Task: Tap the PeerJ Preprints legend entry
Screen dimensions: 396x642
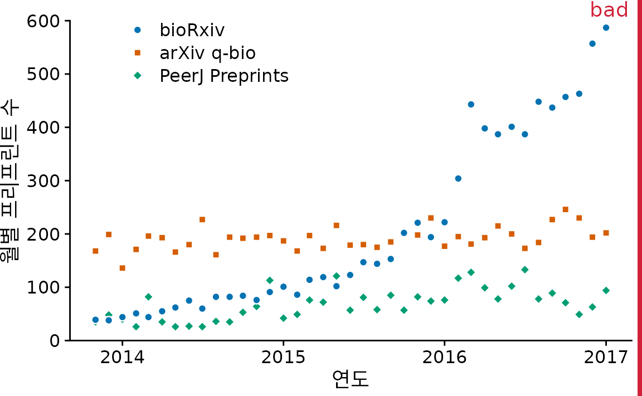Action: (223, 76)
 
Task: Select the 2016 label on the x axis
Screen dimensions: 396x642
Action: (444, 357)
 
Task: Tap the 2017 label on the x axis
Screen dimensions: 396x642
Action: (606, 357)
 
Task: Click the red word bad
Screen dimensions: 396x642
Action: (609, 10)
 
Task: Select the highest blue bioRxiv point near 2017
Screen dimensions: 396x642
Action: (606, 27)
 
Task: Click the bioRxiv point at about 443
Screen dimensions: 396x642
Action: (471, 104)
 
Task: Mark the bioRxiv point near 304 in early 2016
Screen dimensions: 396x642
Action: (458, 178)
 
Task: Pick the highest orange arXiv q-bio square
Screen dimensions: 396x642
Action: (565, 209)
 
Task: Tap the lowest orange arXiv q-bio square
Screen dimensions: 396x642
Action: (122, 268)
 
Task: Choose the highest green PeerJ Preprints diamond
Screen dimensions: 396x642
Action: (524, 270)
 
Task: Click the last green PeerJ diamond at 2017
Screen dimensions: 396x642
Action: (606, 290)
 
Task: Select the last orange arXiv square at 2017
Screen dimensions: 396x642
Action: (606, 233)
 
